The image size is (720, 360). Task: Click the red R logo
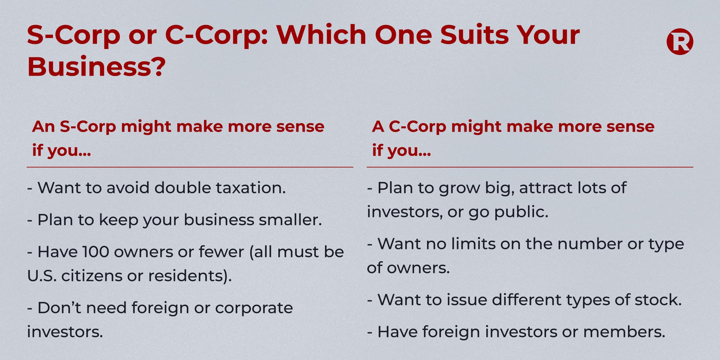pos(680,41)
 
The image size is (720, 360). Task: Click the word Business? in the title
pos(96,66)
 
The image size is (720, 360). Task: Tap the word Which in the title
pos(321,35)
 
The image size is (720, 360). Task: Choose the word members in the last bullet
pos(624,332)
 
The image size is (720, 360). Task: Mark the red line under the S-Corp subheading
pos(190,167)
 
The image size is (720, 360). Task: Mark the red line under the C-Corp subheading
pos(530,167)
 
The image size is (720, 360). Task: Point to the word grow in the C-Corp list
pos(459,189)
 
